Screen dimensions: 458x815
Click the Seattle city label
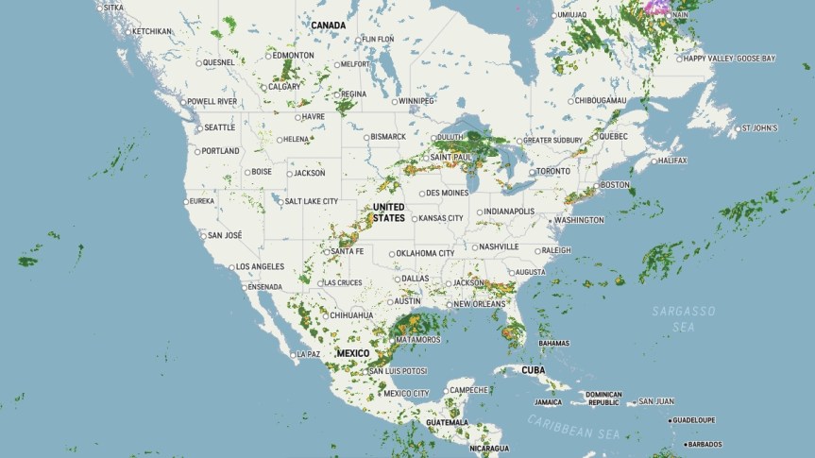pyautogui.click(x=219, y=127)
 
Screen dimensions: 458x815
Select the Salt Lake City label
pyautogui.click(x=311, y=201)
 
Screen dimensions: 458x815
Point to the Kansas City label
pyautogui.click(x=441, y=218)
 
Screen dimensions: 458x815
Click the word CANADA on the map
pyautogui.click(x=328, y=25)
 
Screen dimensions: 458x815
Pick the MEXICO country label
pyautogui.click(x=352, y=353)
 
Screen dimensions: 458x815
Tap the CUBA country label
pyautogui.click(x=535, y=370)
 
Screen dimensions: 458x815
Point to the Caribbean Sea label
pyautogui.click(x=574, y=427)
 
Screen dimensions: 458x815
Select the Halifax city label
pyautogui.click(x=671, y=161)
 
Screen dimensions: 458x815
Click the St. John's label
pyautogui.click(x=759, y=127)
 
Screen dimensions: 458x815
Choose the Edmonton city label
pyautogui.click(x=293, y=56)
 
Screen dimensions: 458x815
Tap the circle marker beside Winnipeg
pyautogui.click(x=394, y=101)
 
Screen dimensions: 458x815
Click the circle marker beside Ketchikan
pyautogui.click(x=127, y=31)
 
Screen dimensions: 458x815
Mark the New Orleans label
pyautogui.click(x=479, y=304)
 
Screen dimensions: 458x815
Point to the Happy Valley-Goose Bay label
pyautogui.click(x=728, y=59)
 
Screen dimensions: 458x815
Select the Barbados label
pyautogui.click(x=705, y=444)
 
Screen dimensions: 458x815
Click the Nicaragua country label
pyautogui.click(x=489, y=448)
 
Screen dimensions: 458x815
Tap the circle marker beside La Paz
pyautogui.click(x=293, y=354)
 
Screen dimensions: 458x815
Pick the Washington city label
pyautogui.click(x=579, y=220)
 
